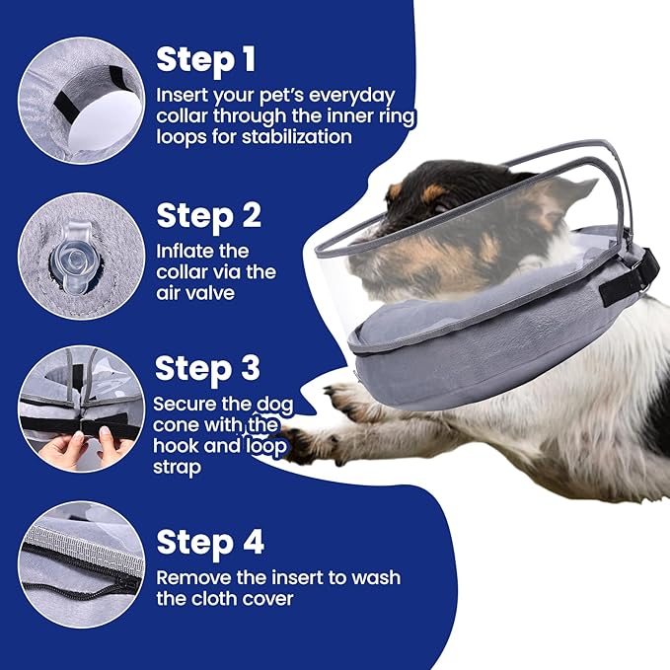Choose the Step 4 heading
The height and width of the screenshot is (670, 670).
(209, 542)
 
